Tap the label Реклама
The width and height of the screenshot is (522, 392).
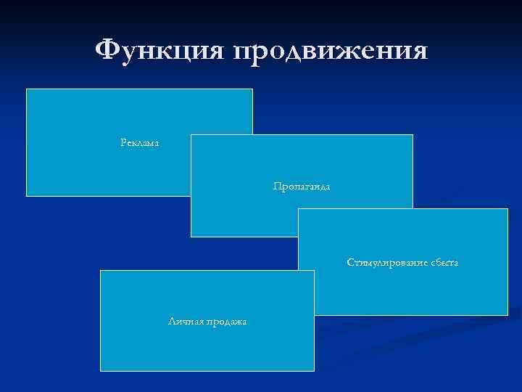139,142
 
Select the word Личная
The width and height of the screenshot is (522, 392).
183,321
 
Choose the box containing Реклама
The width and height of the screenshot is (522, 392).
109,116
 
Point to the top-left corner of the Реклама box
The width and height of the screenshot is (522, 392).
27,89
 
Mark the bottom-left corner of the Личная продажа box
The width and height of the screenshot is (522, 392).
100,371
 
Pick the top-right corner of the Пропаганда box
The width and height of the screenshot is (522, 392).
413,135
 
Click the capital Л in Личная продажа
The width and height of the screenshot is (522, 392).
170,321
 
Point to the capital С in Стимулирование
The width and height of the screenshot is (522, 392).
350,261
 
